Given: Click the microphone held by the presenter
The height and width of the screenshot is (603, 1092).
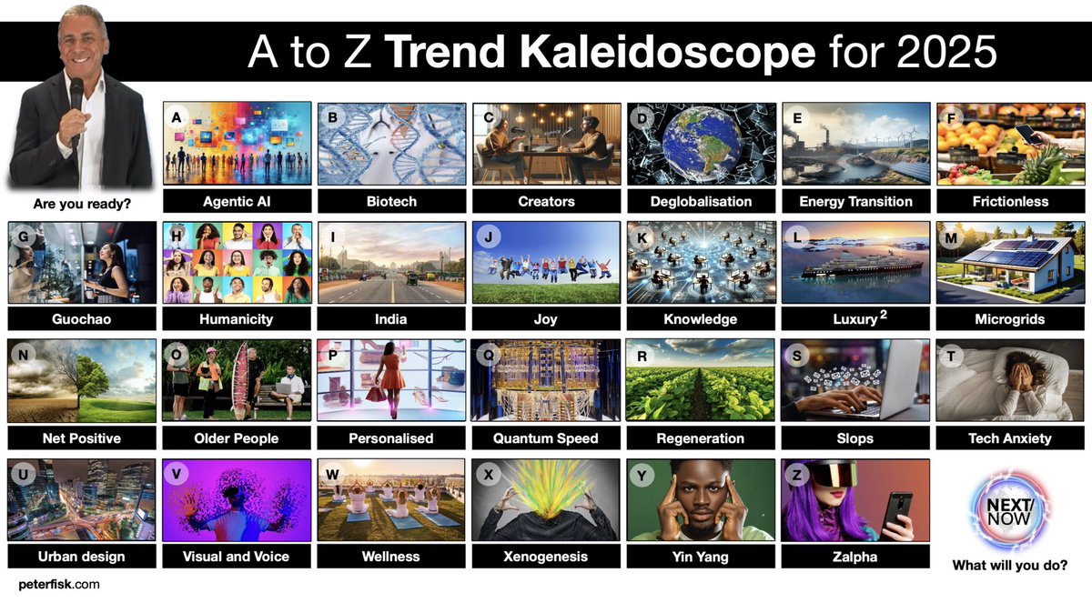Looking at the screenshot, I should tap(76, 96).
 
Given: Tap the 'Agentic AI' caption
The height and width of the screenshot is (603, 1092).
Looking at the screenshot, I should tap(237, 201).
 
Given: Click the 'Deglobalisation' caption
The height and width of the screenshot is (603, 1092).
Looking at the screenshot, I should tap(701, 201).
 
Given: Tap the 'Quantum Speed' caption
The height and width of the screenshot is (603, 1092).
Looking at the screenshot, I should tap(545, 438).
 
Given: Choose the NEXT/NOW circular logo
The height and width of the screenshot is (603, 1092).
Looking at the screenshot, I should tap(1009, 506).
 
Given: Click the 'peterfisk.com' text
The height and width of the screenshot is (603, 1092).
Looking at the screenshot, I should tap(59, 584).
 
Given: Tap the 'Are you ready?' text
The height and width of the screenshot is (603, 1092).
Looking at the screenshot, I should tap(79, 204).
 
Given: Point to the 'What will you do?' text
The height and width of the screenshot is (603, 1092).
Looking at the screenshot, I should tap(1009, 566).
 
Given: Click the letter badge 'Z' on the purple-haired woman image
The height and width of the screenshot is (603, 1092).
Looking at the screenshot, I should tap(798, 475).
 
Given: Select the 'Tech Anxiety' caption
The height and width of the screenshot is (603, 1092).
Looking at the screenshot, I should tap(1009, 438).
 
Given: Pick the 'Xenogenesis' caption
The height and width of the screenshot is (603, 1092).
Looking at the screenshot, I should tap(545, 556).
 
